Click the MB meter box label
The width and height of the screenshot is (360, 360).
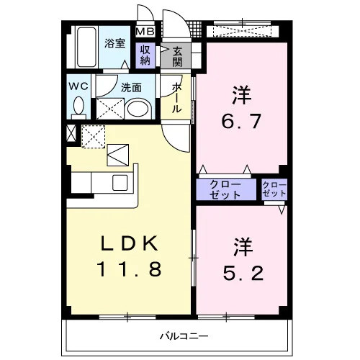coord(145,32)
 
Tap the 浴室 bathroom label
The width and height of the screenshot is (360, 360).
coord(114,43)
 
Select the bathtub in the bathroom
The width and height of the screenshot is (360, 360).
coord(86,47)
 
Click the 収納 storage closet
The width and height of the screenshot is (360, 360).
coord(145,55)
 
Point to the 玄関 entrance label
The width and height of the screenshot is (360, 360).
coord(177,57)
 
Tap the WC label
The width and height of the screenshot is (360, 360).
coord(78,86)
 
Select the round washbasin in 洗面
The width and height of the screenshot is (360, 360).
coord(138,109)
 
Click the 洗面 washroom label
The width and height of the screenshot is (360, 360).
coord(131,88)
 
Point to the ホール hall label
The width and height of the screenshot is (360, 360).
coord(177,98)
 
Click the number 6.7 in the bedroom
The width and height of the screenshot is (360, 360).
coord(241,121)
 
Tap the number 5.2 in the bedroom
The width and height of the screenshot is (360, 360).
coord(243,273)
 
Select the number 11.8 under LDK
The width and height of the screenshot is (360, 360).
coord(129,269)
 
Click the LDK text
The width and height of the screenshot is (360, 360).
coord(129,243)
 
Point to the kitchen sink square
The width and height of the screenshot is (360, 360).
coord(120,183)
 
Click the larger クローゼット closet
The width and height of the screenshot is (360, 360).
coord(226,189)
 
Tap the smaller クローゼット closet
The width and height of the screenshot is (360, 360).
coord(274,189)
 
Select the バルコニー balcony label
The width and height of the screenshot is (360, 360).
coord(184,336)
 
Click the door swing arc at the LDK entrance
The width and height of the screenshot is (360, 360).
coord(173,142)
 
